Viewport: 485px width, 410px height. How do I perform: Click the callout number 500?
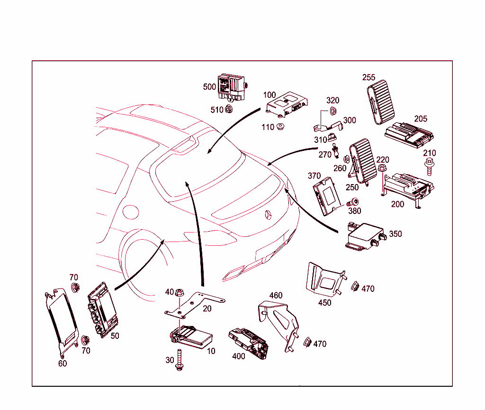[209, 87]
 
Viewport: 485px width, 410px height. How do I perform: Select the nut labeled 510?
[228, 110]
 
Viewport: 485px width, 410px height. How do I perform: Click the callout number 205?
[421, 119]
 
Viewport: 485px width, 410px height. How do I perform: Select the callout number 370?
[314, 176]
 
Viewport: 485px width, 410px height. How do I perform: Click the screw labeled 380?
[353, 202]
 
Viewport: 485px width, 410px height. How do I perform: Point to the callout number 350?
[395, 234]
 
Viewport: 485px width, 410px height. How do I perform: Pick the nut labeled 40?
[179, 293]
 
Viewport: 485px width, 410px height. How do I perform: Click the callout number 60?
[63, 363]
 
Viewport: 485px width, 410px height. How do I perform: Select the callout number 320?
[333, 101]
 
